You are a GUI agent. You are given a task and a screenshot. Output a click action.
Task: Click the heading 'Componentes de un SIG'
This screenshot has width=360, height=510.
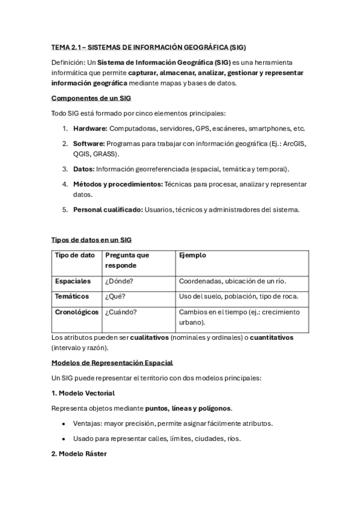(91, 98)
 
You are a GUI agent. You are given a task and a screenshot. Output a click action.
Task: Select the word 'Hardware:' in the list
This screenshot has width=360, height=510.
(90, 128)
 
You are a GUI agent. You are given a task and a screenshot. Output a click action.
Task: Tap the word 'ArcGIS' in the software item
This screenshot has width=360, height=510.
(293, 143)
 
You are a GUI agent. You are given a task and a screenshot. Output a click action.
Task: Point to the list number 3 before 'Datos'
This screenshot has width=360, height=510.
(65, 169)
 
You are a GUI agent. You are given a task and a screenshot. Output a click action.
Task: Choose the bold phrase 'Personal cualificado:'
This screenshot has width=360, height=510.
(108, 209)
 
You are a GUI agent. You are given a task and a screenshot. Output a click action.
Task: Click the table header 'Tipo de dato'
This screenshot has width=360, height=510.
(75, 255)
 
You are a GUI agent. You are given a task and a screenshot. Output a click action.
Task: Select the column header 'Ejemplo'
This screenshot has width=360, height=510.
(192, 255)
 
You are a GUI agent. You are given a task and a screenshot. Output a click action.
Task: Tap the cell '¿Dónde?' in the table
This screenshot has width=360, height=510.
(118, 281)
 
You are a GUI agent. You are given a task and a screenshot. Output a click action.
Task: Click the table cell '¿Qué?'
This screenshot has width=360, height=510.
(115, 296)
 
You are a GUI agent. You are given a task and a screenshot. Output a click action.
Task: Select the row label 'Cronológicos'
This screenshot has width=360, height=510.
(77, 312)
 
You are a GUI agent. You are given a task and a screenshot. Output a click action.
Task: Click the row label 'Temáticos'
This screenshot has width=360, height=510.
(72, 296)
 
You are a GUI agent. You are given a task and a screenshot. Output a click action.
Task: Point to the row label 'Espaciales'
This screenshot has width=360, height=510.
(73, 281)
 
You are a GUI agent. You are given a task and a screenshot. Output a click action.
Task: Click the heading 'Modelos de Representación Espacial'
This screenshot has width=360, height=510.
(112, 363)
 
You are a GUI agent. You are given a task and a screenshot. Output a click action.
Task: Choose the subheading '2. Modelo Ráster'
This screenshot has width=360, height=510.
(79, 453)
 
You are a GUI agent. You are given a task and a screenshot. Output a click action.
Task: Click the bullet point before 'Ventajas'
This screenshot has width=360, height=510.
(64, 423)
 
